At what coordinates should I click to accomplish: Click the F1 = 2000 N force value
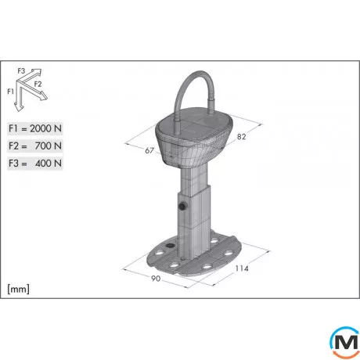point(35,128)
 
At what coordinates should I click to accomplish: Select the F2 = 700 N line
point(35,146)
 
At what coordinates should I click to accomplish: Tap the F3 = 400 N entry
point(35,163)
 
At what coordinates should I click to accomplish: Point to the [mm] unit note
point(18,288)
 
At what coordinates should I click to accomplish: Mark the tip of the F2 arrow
point(48,97)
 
